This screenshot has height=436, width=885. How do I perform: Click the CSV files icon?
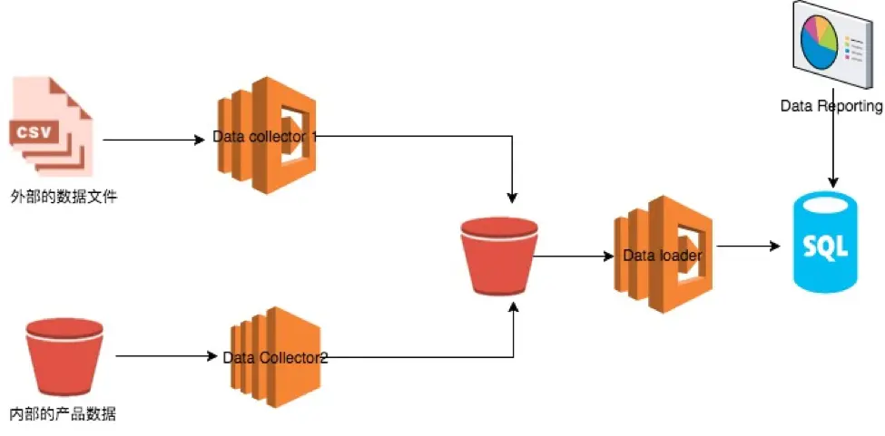pos(52,127)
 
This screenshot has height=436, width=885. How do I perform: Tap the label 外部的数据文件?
pos(63,196)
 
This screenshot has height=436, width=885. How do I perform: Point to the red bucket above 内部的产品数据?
pos(64,355)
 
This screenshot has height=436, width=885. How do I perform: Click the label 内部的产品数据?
pos(63,415)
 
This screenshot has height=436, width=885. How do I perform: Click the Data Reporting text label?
pos(831,106)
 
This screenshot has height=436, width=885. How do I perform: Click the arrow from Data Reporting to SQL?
pos(832,150)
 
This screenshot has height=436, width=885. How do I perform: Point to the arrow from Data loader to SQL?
pos(748,246)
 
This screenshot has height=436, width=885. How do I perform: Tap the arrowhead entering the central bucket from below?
pos(515,309)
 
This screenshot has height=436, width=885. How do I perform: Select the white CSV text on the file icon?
pos(35,132)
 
